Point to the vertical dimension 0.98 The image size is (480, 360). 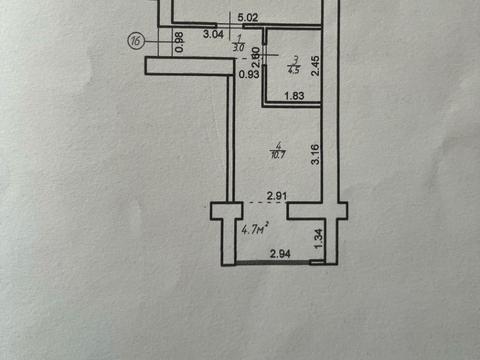[x=179, y=42]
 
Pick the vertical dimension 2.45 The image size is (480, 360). [x=314, y=65]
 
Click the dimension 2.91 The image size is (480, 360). [x=277, y=196]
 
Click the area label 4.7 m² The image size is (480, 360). [x=256, y=229]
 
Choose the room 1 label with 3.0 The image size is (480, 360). [x=237, y=43]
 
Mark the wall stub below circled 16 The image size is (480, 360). [x=185, y=65]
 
